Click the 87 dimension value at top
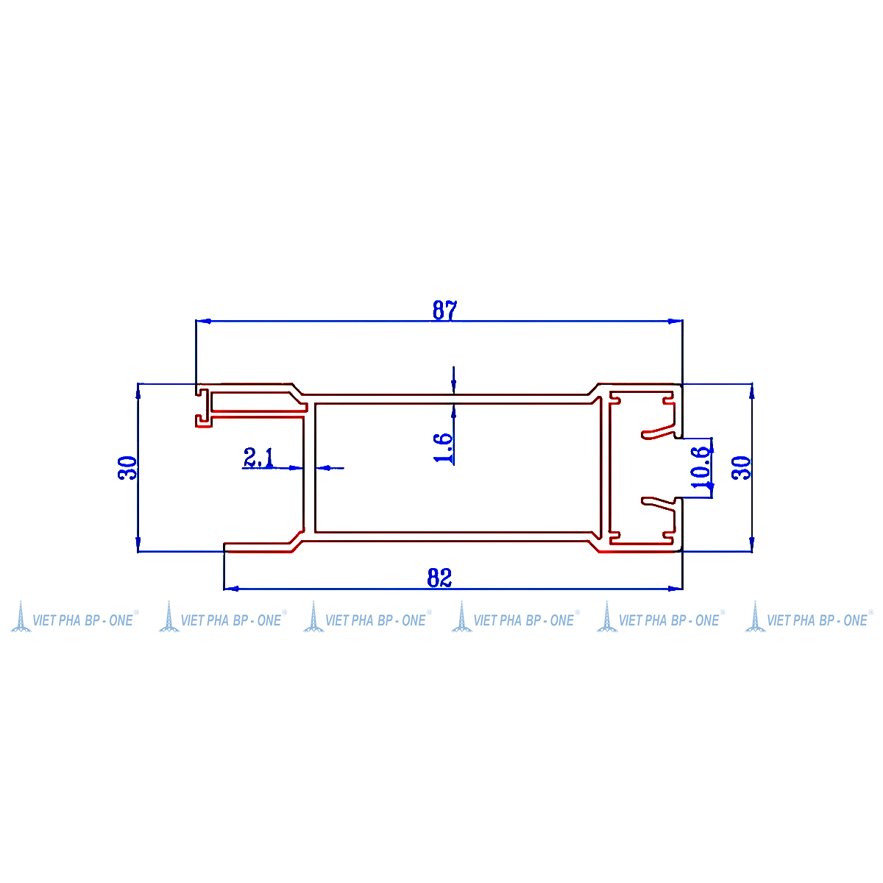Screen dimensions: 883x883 click(444, 311)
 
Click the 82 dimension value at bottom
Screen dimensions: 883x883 click(439, 578)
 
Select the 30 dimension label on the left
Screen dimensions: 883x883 click(127, 468)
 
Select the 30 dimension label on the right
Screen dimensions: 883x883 click(741, 468)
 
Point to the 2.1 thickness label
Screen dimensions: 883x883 click(258, 457)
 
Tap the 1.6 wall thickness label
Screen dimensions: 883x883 click(443, 447)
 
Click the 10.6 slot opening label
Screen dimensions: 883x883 click(701, 467)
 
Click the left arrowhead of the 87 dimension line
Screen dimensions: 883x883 click(203, 322)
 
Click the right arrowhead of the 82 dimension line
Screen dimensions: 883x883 click(675, 589)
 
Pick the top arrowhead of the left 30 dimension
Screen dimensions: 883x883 click(138, 391)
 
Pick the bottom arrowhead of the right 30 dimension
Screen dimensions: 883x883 click(751, 544)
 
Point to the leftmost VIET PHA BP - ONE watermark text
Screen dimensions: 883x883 click(82, 620)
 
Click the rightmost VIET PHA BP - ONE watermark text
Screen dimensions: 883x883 click(817, 620)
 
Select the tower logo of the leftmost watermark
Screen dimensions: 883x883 click(21, 617)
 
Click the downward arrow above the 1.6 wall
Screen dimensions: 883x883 click(454, 385)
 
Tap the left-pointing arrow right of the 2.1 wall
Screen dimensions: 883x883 click(329, 468)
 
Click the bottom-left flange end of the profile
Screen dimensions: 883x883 click(225, 547)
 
